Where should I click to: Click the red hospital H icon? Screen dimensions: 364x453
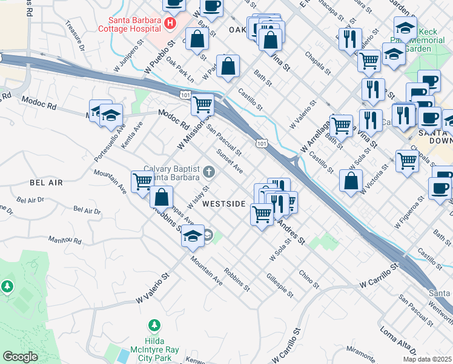pos(170,23)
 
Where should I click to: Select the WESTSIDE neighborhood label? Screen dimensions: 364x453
pos(225,204)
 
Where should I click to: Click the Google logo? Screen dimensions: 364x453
pos(20,357)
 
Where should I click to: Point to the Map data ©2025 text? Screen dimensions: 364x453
pos(427,359)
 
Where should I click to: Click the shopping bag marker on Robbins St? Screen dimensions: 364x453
pos(162,197)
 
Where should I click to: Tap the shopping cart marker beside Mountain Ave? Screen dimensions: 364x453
pos(142,181)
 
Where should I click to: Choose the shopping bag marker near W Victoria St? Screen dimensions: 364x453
pos(351,181)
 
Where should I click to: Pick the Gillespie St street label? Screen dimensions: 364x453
pos(280,285)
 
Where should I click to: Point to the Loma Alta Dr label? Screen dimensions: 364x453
pos(398,342)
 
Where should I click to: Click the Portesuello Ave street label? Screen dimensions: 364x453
pos(101,144)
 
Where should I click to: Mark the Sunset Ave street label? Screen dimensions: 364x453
pos(230,162)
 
